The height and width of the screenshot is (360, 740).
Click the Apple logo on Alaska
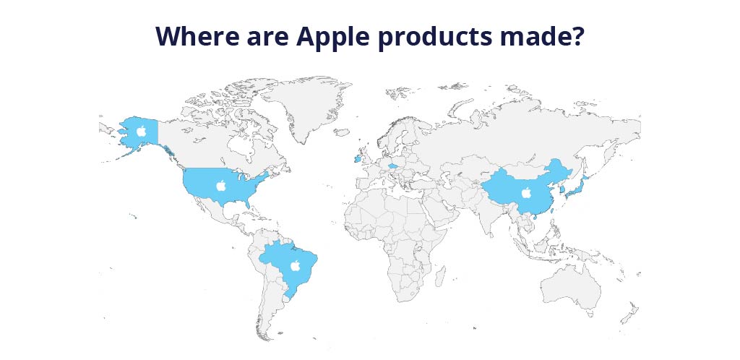tap(141, 131)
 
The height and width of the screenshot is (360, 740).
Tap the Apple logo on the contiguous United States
tap(221, 186)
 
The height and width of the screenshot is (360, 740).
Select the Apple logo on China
tap(526, 192)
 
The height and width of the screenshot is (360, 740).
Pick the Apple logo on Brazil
tap(296, 265)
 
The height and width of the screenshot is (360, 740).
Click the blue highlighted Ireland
tap(357, 159)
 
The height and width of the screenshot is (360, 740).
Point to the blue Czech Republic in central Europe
tap(392, 166)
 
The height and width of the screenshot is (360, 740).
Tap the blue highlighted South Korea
tap(562, 189)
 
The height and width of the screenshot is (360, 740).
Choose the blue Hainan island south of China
tap(536, 218)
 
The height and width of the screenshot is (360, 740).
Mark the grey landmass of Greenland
tap(306, 108)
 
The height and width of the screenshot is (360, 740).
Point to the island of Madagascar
tap(440, 276)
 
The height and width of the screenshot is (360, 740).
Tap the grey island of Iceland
tap(342, 132)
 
